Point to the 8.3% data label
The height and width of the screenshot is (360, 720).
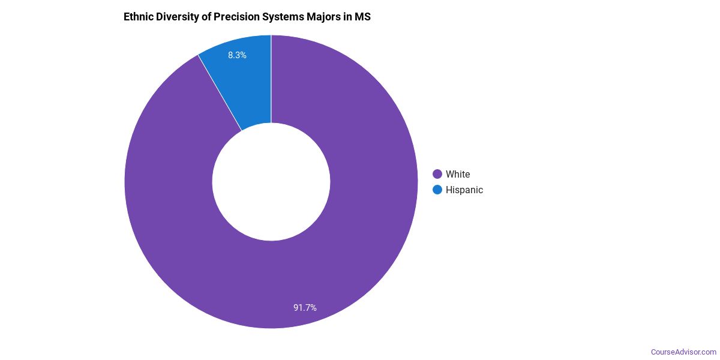[x=237, y=55]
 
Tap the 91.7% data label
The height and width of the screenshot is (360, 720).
[x=305, y=308]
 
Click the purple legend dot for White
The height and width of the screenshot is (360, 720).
[x=437, y=174]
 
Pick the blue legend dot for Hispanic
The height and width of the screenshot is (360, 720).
[x=437, y=190]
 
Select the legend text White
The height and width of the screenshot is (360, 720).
[x=458, y=174]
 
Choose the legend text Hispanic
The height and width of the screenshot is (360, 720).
[x=464, y=190]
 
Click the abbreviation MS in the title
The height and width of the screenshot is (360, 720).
[x=363, y=17]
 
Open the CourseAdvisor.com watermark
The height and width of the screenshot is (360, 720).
[x=683, y=352]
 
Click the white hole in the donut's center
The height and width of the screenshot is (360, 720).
[x=271, y=182]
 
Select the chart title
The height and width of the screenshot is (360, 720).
[x=247, y=17]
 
